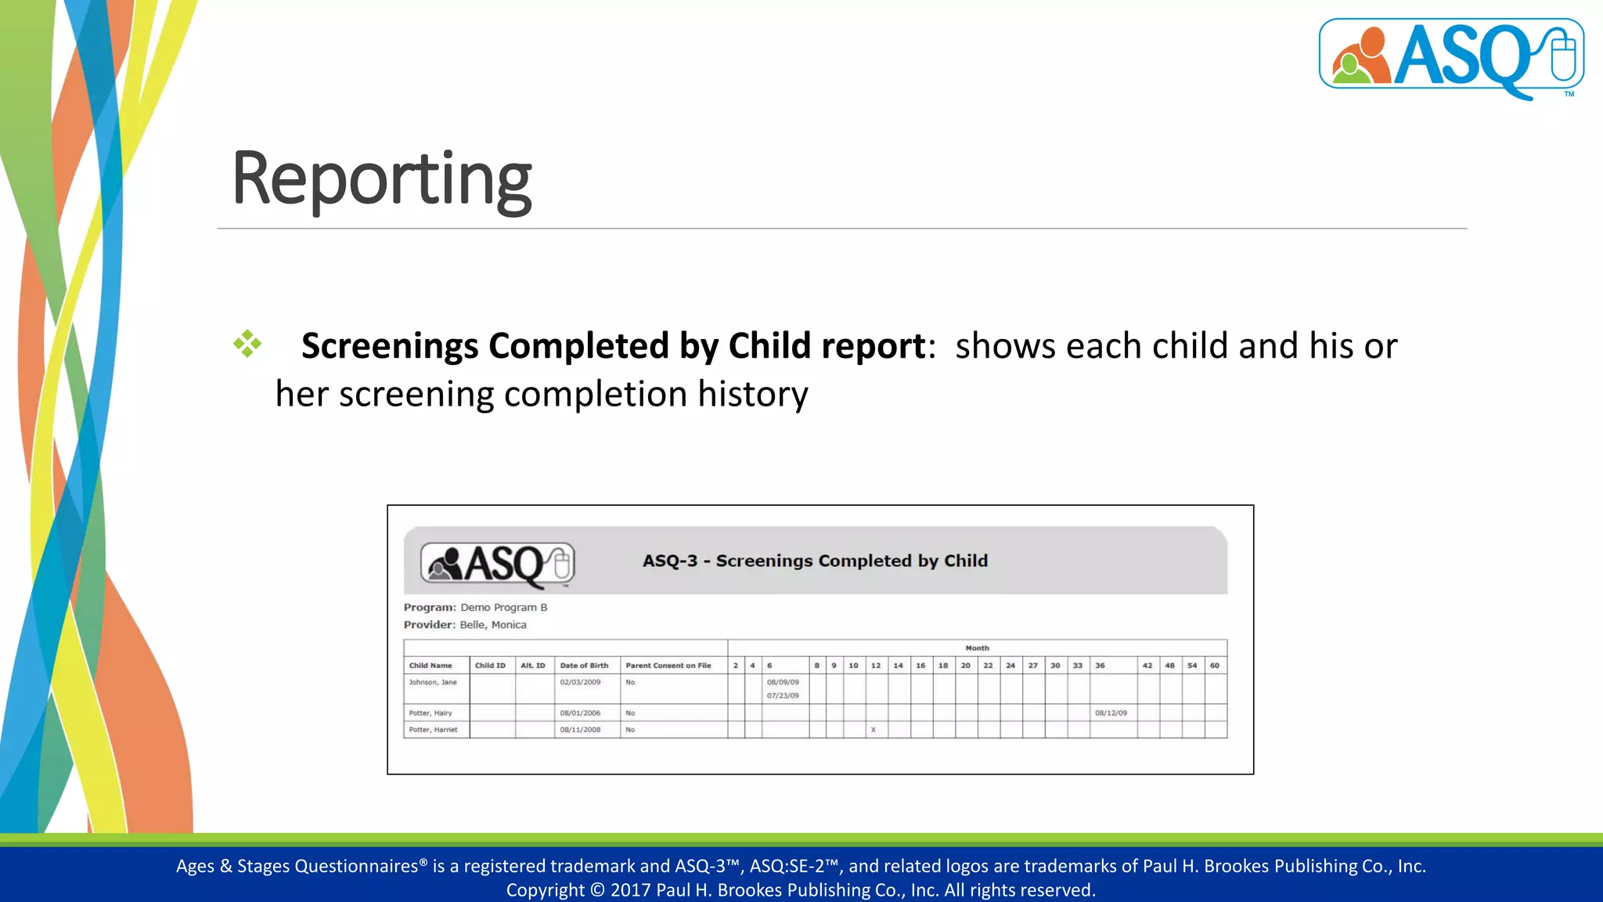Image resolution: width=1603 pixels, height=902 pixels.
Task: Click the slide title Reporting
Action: [381, 180]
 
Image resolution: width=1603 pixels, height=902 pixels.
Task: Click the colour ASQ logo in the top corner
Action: [1450, 56]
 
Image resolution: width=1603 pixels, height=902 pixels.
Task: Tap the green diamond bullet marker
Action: [247, 344]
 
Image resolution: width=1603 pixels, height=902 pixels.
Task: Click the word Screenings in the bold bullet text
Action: [390, 346]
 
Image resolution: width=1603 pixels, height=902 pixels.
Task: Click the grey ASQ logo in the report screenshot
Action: [498, 564]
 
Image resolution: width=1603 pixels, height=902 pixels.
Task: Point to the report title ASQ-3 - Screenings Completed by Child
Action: [815, 561]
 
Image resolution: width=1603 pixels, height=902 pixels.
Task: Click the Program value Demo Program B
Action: [503, 608]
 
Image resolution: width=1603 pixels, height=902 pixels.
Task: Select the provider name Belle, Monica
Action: [492, 625]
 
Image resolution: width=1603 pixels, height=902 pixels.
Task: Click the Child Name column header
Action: [430, 666]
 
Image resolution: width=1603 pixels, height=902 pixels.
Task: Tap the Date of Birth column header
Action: [584, 666]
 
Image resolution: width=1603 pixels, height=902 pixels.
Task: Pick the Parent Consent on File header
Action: [668, 666]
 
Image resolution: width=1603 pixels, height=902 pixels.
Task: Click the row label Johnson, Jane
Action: [433, 682]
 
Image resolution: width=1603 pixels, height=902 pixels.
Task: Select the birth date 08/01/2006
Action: [580, 713]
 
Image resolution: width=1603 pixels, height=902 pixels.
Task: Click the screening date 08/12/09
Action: [1111, 713]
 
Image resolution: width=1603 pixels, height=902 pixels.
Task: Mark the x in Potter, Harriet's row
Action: [874, 730]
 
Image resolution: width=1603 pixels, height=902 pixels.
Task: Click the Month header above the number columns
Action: [977, 648]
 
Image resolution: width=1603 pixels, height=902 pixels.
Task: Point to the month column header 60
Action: [1214, 666]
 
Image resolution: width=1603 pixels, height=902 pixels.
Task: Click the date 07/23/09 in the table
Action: [783, 695]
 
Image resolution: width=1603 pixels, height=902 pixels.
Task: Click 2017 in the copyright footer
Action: [630, 890]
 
